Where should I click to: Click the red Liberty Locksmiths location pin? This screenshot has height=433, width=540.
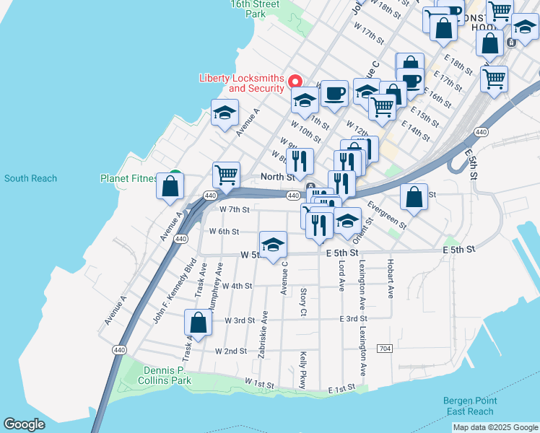[x=295, y=82]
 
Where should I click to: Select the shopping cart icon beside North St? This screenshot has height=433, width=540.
[x=226, y=175]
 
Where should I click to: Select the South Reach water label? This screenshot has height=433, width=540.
[x=30, y=178]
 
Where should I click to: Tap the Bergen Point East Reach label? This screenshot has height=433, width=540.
[x=470, y=406]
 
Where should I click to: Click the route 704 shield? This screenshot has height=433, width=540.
[x=385, y=349]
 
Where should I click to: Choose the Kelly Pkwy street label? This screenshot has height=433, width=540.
[x=304, y=369]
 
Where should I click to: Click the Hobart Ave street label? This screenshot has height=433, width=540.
[x=390, y=279]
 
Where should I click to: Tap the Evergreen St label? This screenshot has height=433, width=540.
[x=386, y=216]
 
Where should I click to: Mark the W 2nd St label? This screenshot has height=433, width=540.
[x=230, y=351]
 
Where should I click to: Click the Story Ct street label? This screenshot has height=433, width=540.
[x=303, y=302]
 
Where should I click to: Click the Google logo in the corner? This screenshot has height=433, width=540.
[x=25, y=424]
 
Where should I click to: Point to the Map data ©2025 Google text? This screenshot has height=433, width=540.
[x=495, y=427]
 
